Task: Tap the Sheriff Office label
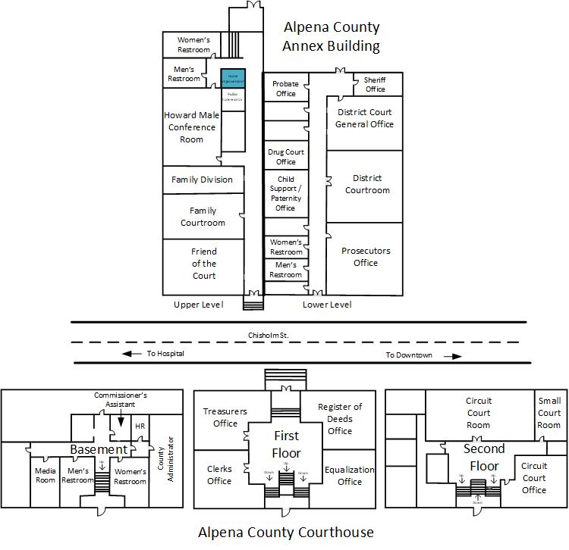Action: point(375,84)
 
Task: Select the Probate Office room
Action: point(285,89)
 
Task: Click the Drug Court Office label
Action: point(286,157)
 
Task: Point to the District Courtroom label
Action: point(367,184)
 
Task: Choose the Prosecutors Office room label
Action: point(365,257)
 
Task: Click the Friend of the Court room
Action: point(204,264)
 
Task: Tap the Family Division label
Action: point(202,180)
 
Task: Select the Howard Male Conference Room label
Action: point(191,127)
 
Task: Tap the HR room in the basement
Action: point(140,427)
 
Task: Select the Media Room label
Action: point(46,476)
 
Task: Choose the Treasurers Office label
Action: point(225,417)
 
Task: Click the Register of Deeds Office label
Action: point(340,419)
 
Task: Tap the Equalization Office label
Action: point(350,475)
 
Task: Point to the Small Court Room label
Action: point(549,413)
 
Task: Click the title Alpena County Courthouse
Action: point(286,532)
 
